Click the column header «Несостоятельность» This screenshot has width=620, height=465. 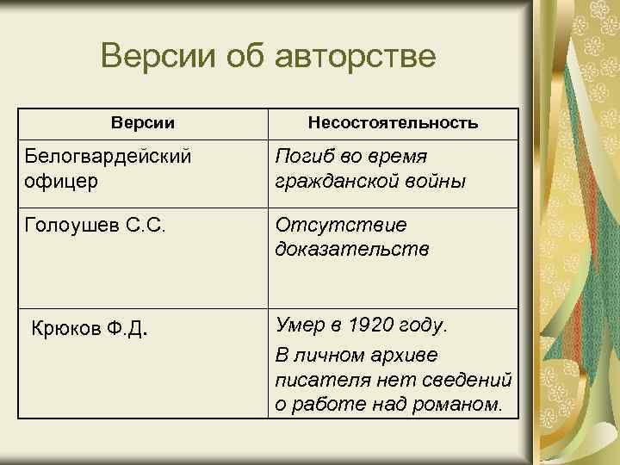click(394, 123)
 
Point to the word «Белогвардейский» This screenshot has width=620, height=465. click(108, 158)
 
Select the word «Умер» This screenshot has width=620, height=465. click(300, 325)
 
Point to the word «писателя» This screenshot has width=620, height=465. click(315, 379)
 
